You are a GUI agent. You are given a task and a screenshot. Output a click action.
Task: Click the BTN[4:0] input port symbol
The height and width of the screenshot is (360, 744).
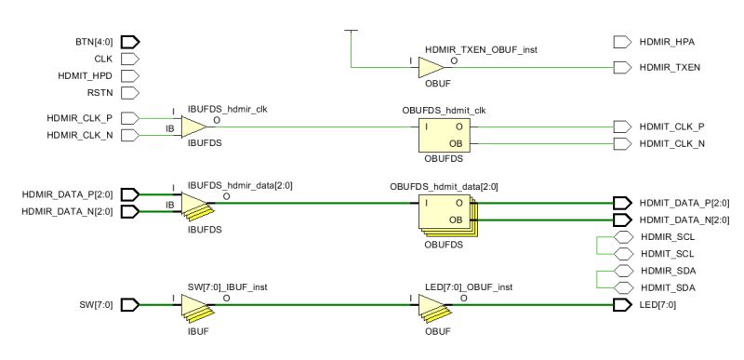[130, 42]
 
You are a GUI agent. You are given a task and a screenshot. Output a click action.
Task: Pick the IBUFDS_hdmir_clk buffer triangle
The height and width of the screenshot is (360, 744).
[193, 127]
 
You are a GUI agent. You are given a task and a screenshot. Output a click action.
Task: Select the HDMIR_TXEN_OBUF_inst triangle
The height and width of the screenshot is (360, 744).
[431, 67]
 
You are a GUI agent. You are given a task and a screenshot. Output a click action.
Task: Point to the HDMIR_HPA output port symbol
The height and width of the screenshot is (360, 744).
[622, 42]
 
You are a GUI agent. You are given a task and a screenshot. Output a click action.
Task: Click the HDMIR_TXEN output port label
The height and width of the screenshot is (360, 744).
[671, 67]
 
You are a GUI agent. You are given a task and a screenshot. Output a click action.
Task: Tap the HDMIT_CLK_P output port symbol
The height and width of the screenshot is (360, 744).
[622, 127]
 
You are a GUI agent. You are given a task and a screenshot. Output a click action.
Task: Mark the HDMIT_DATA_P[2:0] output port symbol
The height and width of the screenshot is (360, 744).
[622, 203]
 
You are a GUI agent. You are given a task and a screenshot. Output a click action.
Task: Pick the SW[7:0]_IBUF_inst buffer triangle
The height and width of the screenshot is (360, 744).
[193, 305]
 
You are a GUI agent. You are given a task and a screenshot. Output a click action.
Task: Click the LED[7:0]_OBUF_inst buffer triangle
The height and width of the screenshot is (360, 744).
[431, 305]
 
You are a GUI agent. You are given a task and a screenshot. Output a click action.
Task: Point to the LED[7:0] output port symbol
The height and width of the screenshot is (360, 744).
[622, 304]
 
